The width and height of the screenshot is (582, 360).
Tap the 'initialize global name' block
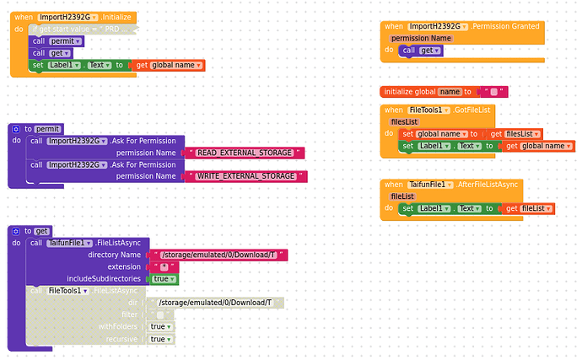point(422,91)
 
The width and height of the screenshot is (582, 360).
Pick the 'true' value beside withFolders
point(158,326)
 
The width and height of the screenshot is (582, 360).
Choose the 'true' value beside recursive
point(158,339)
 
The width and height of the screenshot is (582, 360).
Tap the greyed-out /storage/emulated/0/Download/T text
point(214,303)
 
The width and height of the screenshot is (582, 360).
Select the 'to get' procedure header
point(37,231)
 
